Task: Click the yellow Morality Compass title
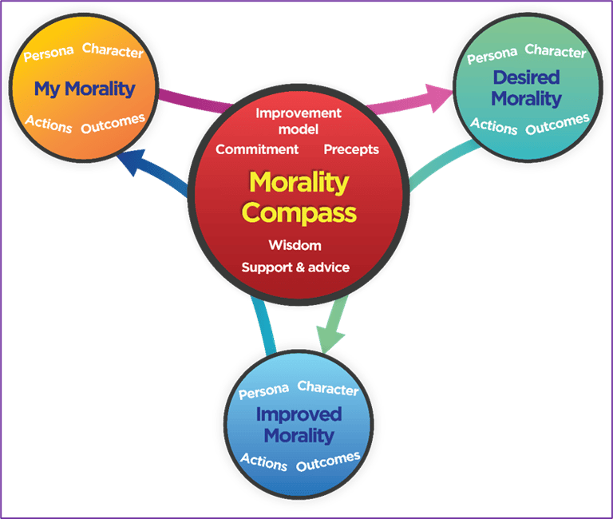tap(299, 198)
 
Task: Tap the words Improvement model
tap(299, 121)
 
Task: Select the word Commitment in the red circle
tap(257, 149)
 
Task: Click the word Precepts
tap(351, 149)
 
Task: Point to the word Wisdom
tap(295, 245)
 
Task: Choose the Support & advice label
tap(295, 267)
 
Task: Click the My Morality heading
tap(85, 89)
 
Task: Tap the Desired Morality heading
tap(526, 89)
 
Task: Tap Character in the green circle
tap(556, 53)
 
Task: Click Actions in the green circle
tap(493, 125)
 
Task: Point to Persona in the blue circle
tap(263, 393)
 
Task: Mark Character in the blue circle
tap(327, 388)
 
